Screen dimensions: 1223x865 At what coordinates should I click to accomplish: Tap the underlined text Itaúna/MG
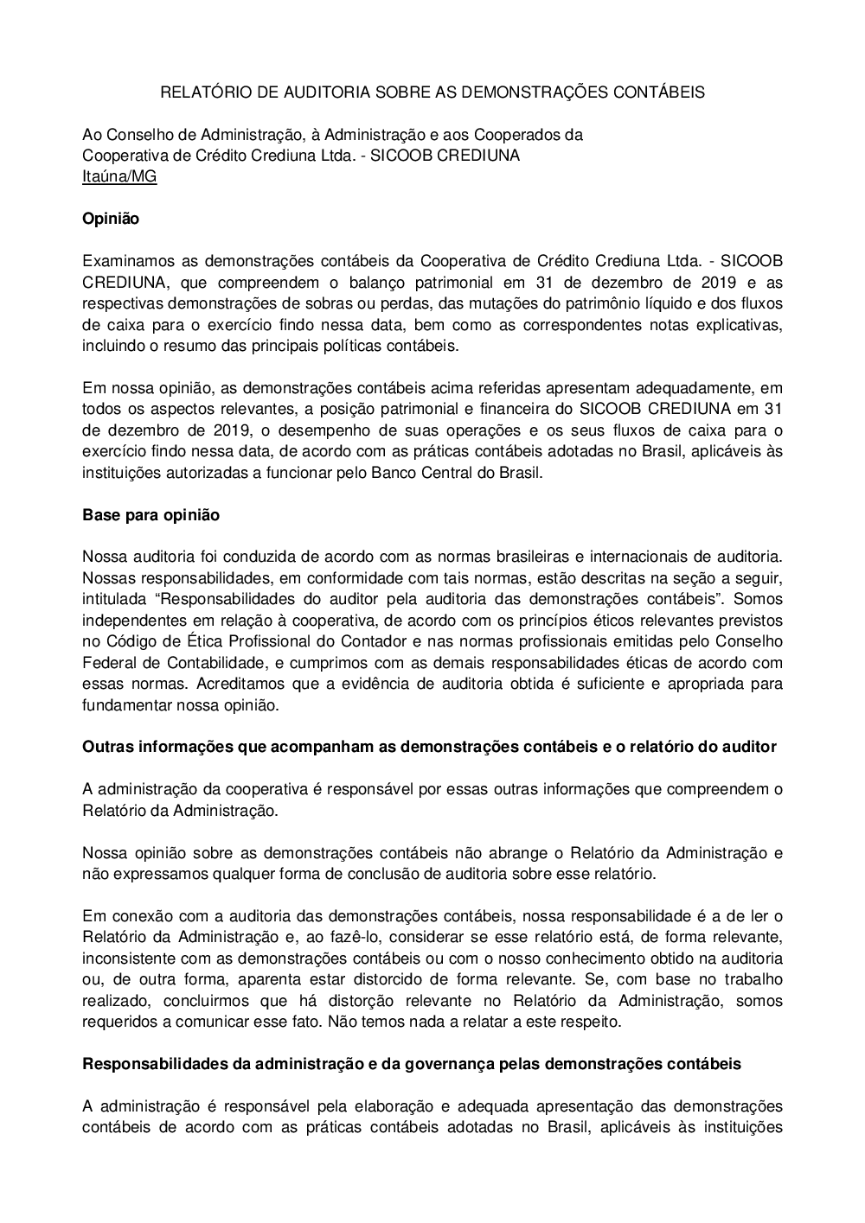119,176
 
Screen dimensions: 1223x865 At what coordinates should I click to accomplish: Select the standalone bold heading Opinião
111,219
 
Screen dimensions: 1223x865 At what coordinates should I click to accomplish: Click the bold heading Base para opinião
151,515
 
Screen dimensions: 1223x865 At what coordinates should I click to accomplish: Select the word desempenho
329,430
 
